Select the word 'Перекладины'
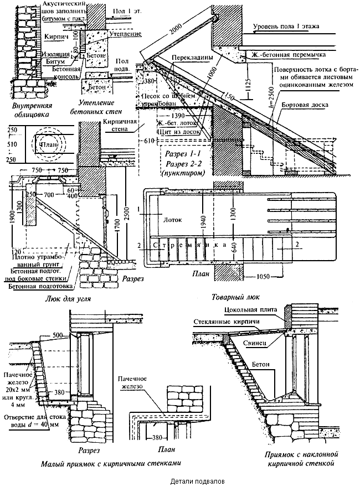pos(186,57)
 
